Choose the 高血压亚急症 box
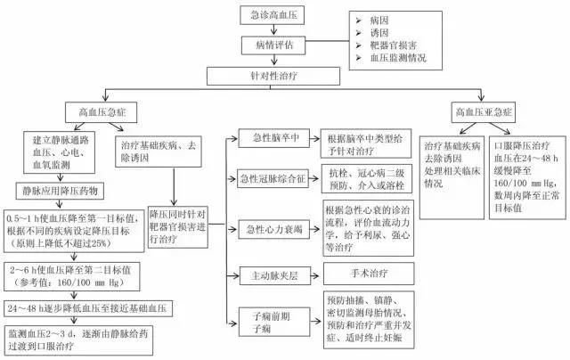click(x=483, y=114)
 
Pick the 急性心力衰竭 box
click(x=273, y=227)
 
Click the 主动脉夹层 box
click(x=273, y=273)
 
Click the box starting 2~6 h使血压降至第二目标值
click(x=81, y=272)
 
